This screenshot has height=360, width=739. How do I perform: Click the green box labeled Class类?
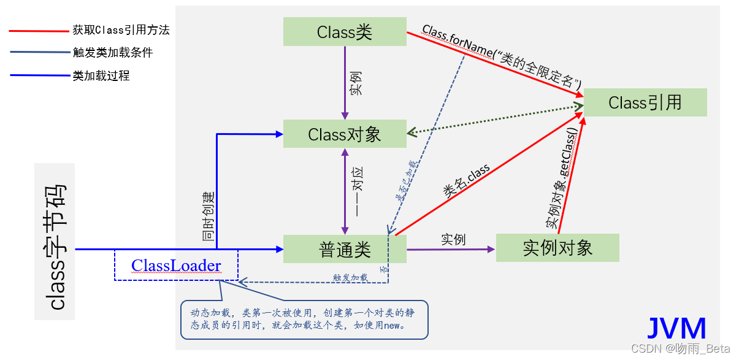coord(345,31)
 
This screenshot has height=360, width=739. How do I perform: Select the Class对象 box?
coord(345,134)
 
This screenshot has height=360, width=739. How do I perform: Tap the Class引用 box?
coord(645,102)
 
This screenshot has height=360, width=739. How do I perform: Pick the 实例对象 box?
coord(557,248)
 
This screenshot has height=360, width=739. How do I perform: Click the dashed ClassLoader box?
coord(176,266)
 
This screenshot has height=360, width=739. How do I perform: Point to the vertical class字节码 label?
coord(55,242)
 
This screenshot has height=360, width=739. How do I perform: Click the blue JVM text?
coord(677,328)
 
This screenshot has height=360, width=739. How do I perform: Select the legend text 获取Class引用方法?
coord(121,30)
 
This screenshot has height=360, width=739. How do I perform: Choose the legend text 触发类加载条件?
coord(112,53)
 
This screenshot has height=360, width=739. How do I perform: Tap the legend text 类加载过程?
coord(101,76)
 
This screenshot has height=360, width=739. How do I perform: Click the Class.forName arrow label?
coord(501,57)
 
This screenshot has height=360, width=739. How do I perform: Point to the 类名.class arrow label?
coord(467,181)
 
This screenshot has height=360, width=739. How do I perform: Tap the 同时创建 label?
coord(209,216)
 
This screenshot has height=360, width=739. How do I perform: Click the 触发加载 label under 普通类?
coord(350,277)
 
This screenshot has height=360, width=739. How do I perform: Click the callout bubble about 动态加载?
coord(304,320)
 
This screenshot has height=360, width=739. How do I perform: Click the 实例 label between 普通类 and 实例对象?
coord(453,239)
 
